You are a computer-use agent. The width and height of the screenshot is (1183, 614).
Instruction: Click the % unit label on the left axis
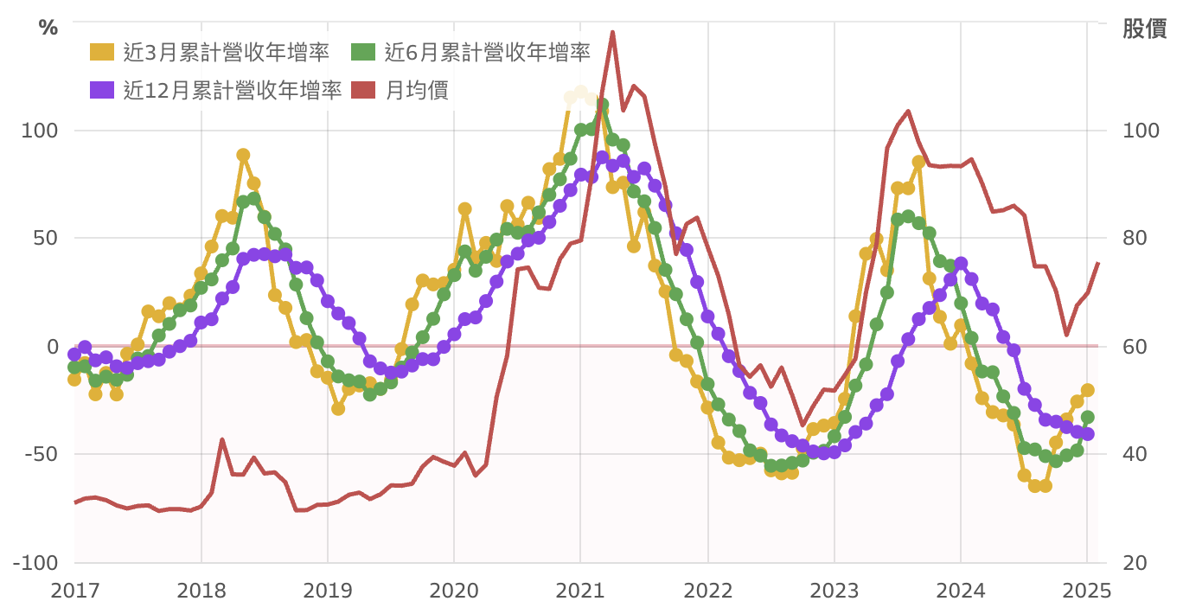pos(48,28)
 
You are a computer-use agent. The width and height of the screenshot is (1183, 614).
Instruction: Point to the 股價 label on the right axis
pos(1144,28)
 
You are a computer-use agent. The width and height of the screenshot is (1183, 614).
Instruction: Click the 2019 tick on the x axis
pos(328,592)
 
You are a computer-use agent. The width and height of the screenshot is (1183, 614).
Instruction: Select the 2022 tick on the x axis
pos(707,592)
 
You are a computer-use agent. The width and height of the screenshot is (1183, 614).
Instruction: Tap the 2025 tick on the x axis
pos(1086,592)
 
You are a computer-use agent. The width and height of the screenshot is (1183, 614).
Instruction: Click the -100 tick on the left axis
pos(35,563)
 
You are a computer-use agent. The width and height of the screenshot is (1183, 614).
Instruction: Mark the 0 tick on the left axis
pos(51,347)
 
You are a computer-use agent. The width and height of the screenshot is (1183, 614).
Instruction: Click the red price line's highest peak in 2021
pos(612,32)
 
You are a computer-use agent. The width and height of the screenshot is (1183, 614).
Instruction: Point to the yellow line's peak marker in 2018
pos(243,155)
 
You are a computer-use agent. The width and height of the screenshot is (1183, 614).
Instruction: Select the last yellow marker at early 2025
pos(1088,390)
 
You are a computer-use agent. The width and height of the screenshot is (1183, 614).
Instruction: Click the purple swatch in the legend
pos(102,89)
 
